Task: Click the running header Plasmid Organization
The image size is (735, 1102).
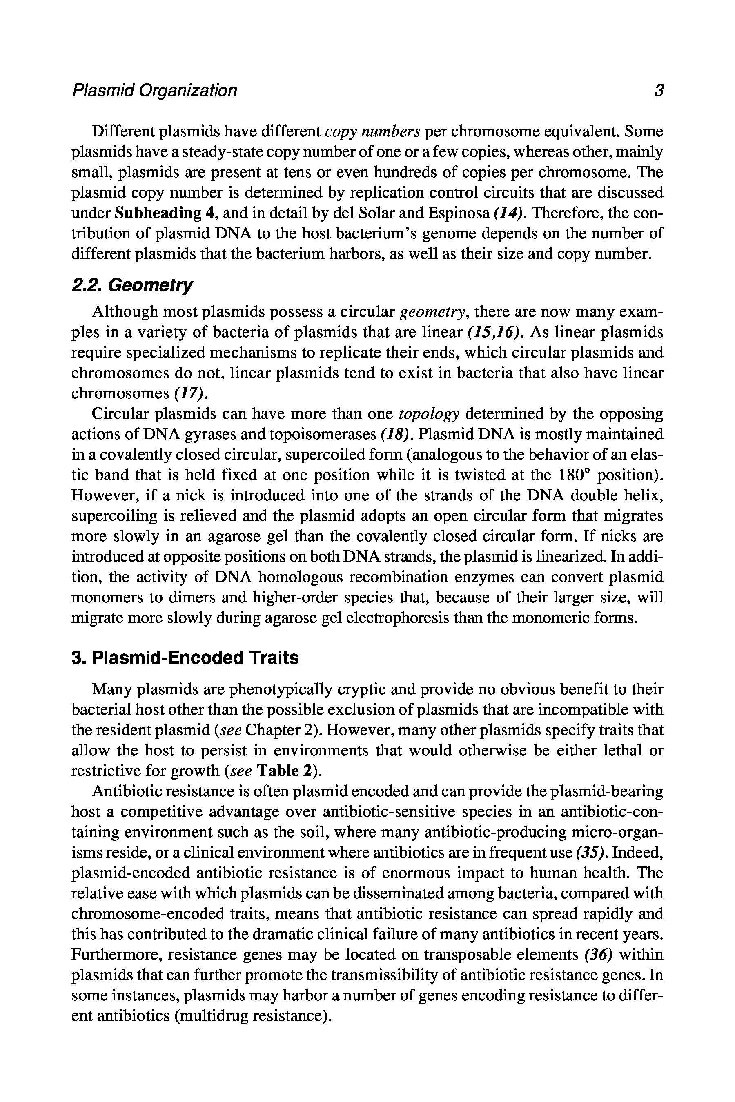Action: pyautogui.click(x=154, y=91)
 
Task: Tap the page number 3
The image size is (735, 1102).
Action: pyautogui.click(x=659, y=91)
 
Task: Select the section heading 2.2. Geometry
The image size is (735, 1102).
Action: pyautogui.click(x=132, y=285)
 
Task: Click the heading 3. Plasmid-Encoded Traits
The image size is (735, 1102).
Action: pyautogui.click(x=185, y=658)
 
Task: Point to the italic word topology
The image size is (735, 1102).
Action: pyautogui.click(x=429, y=414)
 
